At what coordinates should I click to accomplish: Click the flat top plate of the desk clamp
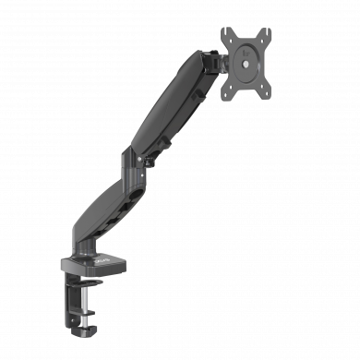(97, 263)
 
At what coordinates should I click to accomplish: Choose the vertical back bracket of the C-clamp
(72, 295)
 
